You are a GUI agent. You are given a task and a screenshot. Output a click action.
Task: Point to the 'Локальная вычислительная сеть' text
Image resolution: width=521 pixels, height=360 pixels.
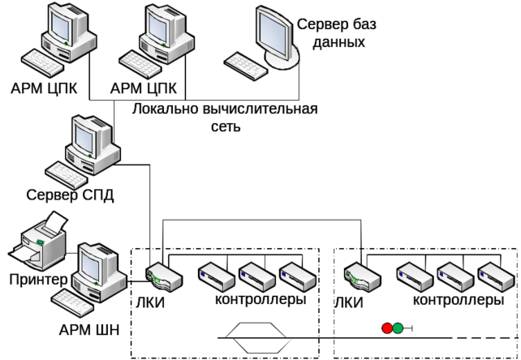[228, 117]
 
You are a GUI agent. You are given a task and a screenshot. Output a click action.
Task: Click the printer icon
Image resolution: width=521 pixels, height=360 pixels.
[37, 241]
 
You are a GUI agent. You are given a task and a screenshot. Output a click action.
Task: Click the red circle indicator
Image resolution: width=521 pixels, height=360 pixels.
[387, 329]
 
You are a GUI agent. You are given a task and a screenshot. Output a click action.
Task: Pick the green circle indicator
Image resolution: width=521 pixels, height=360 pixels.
[398, 329]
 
